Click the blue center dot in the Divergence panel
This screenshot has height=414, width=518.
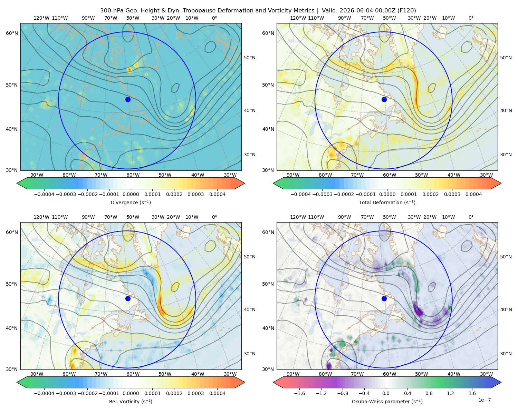click(x=128, y=99)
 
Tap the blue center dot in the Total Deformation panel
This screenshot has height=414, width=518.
click(x=384, y=99)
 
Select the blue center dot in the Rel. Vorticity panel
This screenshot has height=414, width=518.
click(x=128, y=298)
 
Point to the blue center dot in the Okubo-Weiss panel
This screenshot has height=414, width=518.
click(x=384, y=298)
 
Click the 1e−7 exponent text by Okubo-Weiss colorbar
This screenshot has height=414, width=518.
click(x=484, y=400)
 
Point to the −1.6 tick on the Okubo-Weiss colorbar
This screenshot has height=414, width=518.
click(x=299, y=393)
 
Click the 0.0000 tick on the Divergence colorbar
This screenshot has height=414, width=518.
click(x=131, y=194)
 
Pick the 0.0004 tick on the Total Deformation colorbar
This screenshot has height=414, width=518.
click(x=473, y=194)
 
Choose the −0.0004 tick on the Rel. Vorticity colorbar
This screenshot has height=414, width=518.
click(x=44, y=393)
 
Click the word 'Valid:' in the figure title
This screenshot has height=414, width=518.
click(x=330, y=11)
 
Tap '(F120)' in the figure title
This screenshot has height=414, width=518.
click(x=407, y=11)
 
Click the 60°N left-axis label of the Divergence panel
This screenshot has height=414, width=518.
click(x=12, y=33)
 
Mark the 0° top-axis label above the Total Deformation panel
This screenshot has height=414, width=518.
click(x=471, y=18)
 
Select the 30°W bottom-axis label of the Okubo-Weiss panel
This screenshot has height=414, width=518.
click(x=487, y=374)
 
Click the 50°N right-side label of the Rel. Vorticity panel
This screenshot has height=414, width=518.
click(x=250, y=257)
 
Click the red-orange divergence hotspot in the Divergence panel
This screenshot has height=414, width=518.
click(x=129, y=70)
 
